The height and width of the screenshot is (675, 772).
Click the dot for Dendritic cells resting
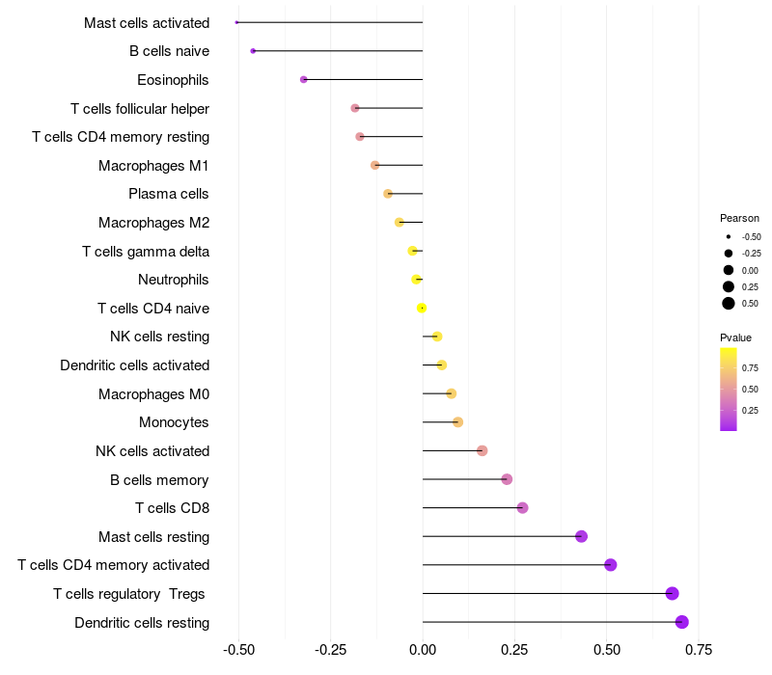pyautogui.click(x=682, y=622)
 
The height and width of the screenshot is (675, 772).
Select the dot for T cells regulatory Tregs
pyautogui.click(x=673, y=593)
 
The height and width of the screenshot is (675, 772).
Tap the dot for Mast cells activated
pyautogui.click(x=236, y=22)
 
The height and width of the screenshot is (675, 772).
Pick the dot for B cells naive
pyautogui.click(x=253, y=50)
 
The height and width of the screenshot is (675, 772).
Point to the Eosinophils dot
pyautogui.click(x=304, y=79)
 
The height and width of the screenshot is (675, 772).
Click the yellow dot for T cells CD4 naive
pyautogui.click(x=422, y=308)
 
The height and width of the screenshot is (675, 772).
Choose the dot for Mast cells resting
pyautogui.click(x=582, y=536)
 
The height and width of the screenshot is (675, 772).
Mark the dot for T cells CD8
pyautogui.click(x=523, y=508)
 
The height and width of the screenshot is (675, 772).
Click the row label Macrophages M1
pyautogui.click(x=153, y=166)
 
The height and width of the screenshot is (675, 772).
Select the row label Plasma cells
pyautogui.click(x=169, y=194)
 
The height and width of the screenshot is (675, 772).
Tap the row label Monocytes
pyautogui.click(x=174, y=422)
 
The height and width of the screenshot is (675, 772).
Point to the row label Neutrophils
pyautogui.click(x=174, y=280)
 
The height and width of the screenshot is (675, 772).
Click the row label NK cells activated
pyautogui.click(x=152, y=451)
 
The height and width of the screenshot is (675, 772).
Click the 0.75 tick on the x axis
pyautogui.click(x=699, y=649)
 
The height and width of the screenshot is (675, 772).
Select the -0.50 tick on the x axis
pyautogui.click(x=237, y=649)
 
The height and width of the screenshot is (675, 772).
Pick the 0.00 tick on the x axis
pyautogui.click(x=423, y=649)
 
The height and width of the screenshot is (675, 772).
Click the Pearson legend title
pyautogui.click(x=739, y=218)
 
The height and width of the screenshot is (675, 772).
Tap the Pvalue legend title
pyautogui.click(x=735, y=337)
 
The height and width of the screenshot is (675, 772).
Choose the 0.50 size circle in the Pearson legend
pyautogui.click(x=729, y=304)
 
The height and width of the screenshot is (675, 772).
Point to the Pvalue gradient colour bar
pyautogui.click(x=729, y=389)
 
